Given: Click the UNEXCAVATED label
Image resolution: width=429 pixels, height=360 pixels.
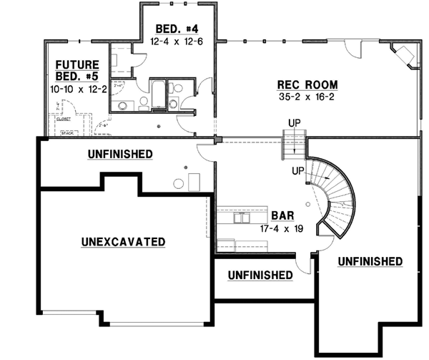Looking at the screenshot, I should tap(123, 242).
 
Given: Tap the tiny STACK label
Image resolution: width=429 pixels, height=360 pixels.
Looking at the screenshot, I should tap(68, 132).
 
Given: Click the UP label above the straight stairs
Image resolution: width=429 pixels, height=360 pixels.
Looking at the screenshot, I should tap(293, 123).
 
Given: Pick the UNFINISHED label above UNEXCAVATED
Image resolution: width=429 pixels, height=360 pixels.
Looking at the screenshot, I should tap(119, 153).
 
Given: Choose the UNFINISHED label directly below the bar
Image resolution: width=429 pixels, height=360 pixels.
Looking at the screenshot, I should tap(260, 275).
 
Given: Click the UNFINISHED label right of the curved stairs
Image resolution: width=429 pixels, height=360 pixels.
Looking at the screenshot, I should tap(370, 260).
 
